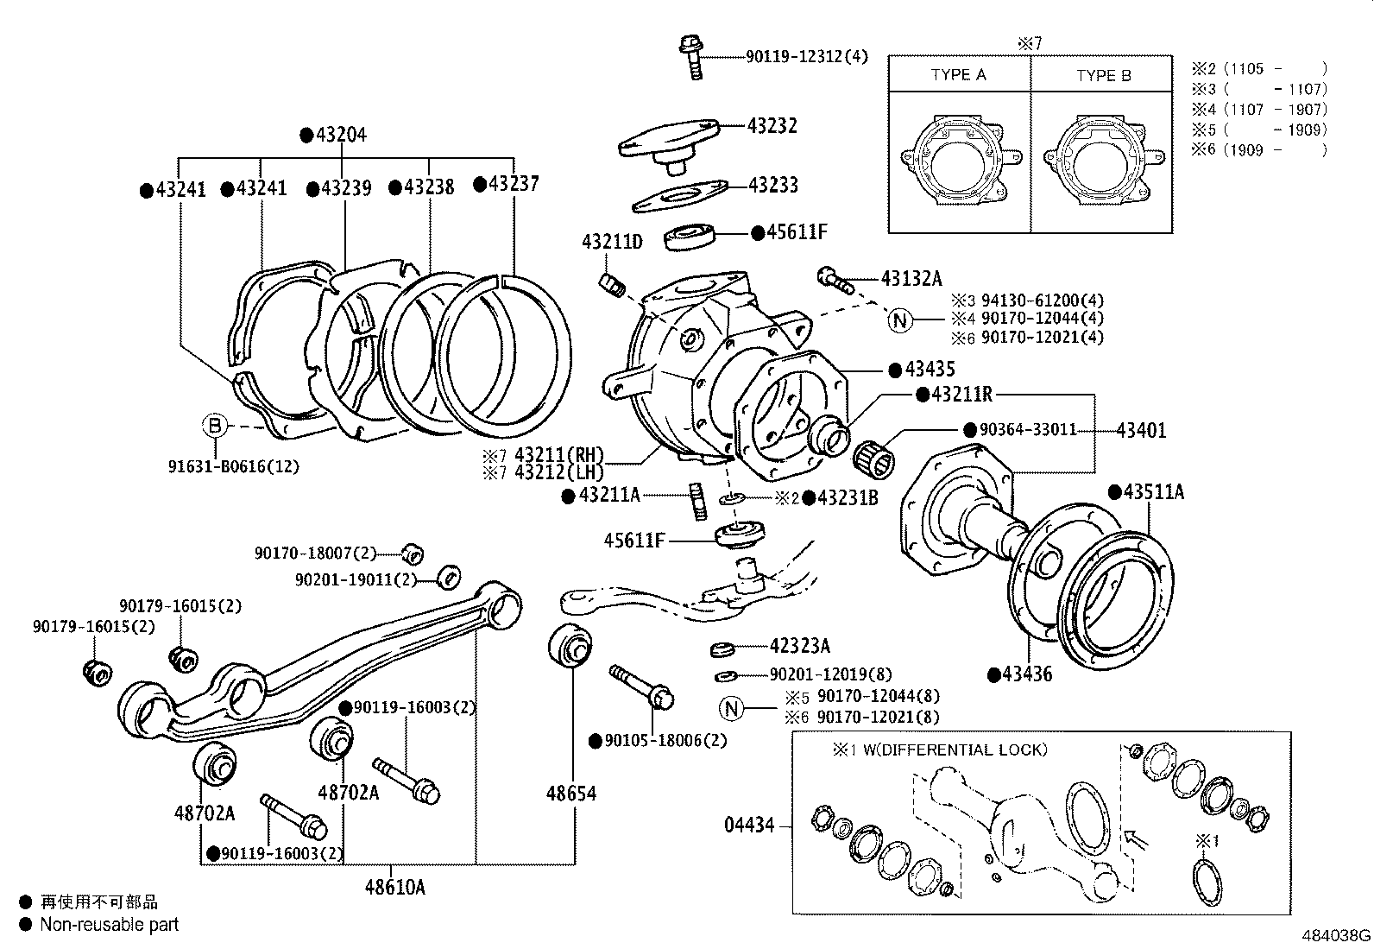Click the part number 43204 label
click(340, 135)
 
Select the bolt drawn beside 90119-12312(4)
click(692, 55)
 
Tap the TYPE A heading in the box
click(958, 75)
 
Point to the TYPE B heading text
click(1103, 76)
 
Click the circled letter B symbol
click(215, 426)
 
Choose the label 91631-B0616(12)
click(233, 466)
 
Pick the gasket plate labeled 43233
click(678, 197)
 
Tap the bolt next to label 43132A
click(835, 279)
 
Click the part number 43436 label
click(1026, 674)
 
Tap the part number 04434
click(749, 826)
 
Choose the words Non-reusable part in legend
click(110, 925)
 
